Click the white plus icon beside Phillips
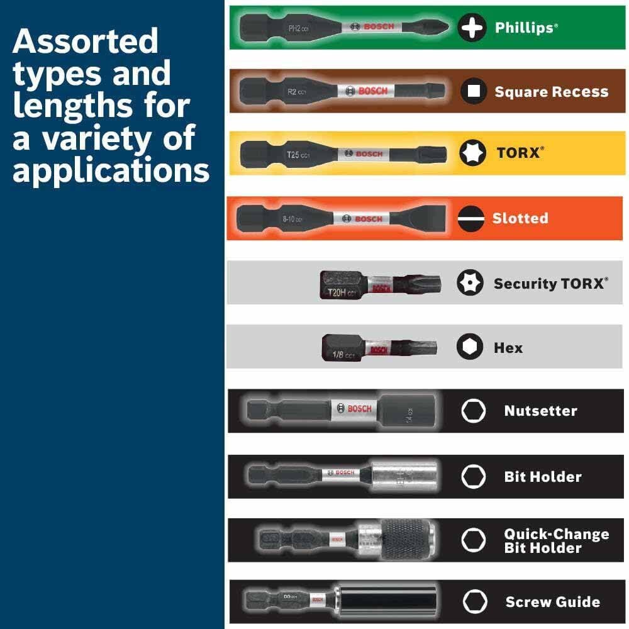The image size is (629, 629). pos(472,28)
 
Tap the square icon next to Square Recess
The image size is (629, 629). pos(474,92)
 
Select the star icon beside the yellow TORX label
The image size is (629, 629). pos(472,153)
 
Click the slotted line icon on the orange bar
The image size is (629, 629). pos(470,218)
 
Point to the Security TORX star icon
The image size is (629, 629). pos(470,282)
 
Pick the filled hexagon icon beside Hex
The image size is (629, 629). pos(470,347)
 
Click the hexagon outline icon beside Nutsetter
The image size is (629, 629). pos(473,411)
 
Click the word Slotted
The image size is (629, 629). pos(520,218)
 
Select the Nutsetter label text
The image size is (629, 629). pos(540,411)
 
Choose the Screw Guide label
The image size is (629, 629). pos(552,602)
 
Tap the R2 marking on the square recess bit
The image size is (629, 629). pos(292,92)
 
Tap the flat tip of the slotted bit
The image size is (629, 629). pos(428,218)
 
